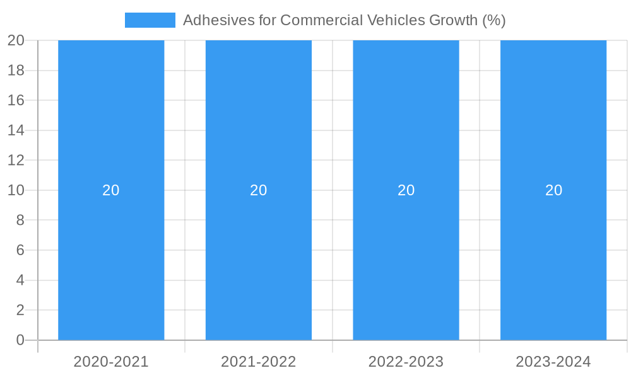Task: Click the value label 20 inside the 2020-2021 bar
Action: click(111, 190)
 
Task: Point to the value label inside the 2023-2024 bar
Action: click(553, 190)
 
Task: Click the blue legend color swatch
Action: click(150, 20)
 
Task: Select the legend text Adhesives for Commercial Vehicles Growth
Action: click(344, 20)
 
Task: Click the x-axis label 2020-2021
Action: click(111, 362)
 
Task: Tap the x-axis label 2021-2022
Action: click(259, 362)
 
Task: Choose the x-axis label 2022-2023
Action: click(406, 362)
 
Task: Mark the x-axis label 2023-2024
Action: click(553, 362)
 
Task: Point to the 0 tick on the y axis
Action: click(20, 340)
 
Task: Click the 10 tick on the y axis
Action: click(16, 190)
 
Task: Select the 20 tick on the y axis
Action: click(16, 40)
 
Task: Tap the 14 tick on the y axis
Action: click(16, 130)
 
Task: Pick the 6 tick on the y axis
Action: click(20, 250)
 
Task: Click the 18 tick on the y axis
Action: click(16, 71)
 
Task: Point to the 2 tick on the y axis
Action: click(20, 310)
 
